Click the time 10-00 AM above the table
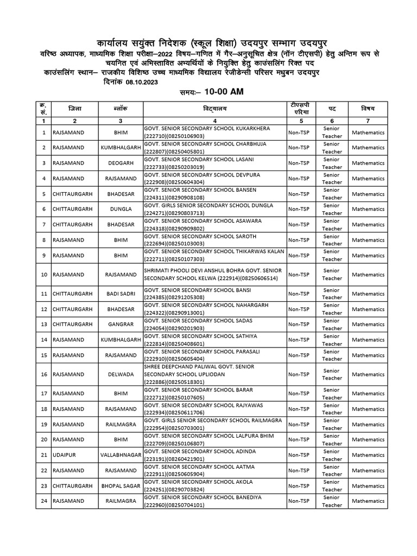tap(224, 92)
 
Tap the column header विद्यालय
tap(215, 109)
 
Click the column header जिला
tap(75, 109)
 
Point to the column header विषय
tap(368, 109)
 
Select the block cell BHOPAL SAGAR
tap(119, 485)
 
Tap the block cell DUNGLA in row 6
tap(119, 210)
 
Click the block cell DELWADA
tap(119, 374)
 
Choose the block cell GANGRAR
tap(119, 324)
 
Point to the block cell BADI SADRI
tap(119, 294)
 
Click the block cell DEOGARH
tap(119, 163)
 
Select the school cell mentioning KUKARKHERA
tap(215, 132)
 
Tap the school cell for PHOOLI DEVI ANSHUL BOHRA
tap(215, 274)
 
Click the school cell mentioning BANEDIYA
tap(215, 501)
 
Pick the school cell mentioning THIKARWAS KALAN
tap(215, 255)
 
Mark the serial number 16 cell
tap(43, 374)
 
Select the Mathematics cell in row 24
tap(368, 501)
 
